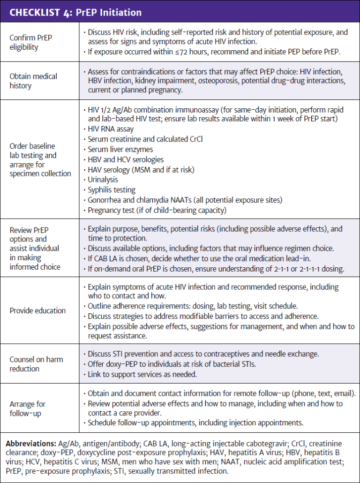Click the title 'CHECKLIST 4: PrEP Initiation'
75,12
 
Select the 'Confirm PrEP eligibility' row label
31,42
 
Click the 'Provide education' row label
38,310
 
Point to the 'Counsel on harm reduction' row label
36,364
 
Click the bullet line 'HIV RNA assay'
111,129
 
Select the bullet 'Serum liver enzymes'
120,150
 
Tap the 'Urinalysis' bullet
103,180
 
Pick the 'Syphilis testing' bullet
112,190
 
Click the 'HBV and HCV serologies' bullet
126,159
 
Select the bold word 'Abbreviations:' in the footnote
30,443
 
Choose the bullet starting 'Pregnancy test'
157,211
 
